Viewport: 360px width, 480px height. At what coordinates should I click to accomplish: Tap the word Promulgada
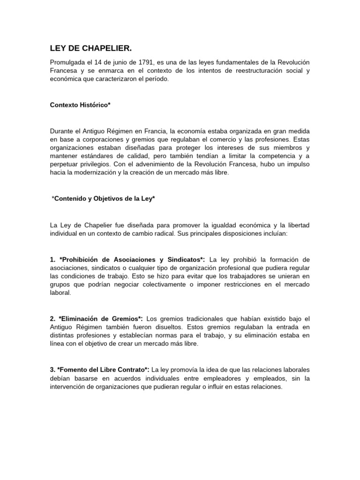click(x=67, y=62)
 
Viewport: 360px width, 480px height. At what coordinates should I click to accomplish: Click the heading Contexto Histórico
click(x=80, y=105)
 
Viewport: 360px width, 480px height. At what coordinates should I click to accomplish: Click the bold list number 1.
click(x=52, y=259)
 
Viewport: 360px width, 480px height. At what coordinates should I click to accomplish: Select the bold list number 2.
click(x=52, y=318)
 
